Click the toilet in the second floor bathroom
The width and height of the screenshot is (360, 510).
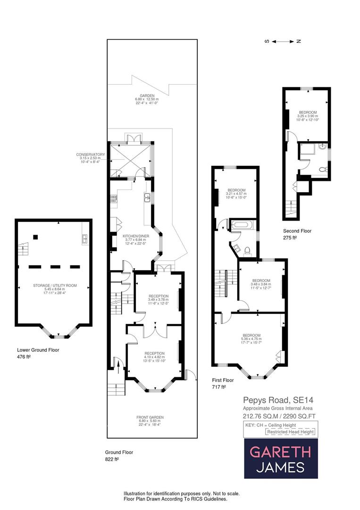[323, 169]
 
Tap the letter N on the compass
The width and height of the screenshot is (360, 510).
[298, 42]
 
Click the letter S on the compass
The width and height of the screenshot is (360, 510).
[267, 42]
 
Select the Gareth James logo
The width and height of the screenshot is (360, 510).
[281, 458]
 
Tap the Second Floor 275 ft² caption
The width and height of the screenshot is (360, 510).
[297, 234]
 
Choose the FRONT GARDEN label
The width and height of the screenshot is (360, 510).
[150, 420]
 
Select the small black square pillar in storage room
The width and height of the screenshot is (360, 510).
[35, 237]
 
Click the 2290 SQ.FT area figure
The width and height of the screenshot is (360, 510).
[296, 416]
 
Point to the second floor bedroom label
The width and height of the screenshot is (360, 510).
[307, 114]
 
